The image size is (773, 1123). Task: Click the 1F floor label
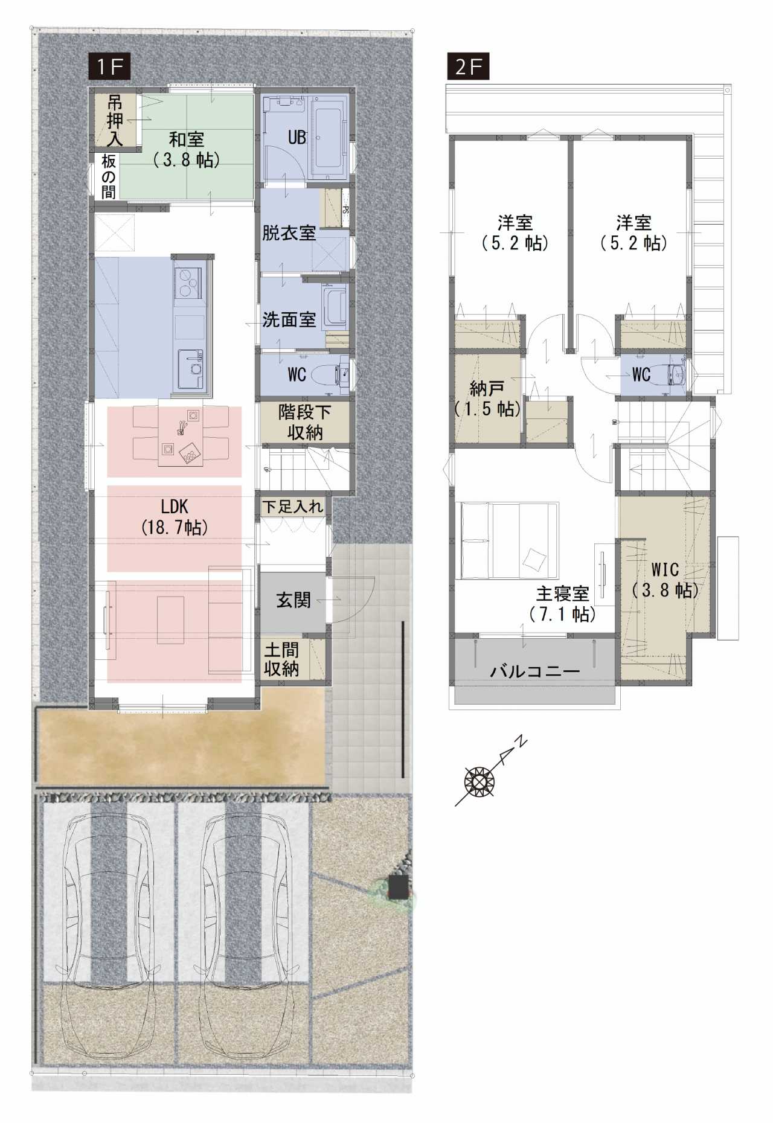110,66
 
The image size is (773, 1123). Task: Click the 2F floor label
468,66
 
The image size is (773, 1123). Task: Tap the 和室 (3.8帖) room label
187,150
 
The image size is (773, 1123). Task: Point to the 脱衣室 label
289,233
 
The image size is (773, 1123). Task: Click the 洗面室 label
289,319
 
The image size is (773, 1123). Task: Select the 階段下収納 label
305,422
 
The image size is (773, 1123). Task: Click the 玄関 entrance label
293,600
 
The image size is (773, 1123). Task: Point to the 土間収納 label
281,659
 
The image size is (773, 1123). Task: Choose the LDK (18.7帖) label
175,516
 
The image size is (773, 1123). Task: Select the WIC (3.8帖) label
665,580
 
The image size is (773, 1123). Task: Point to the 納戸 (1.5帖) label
487,398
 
